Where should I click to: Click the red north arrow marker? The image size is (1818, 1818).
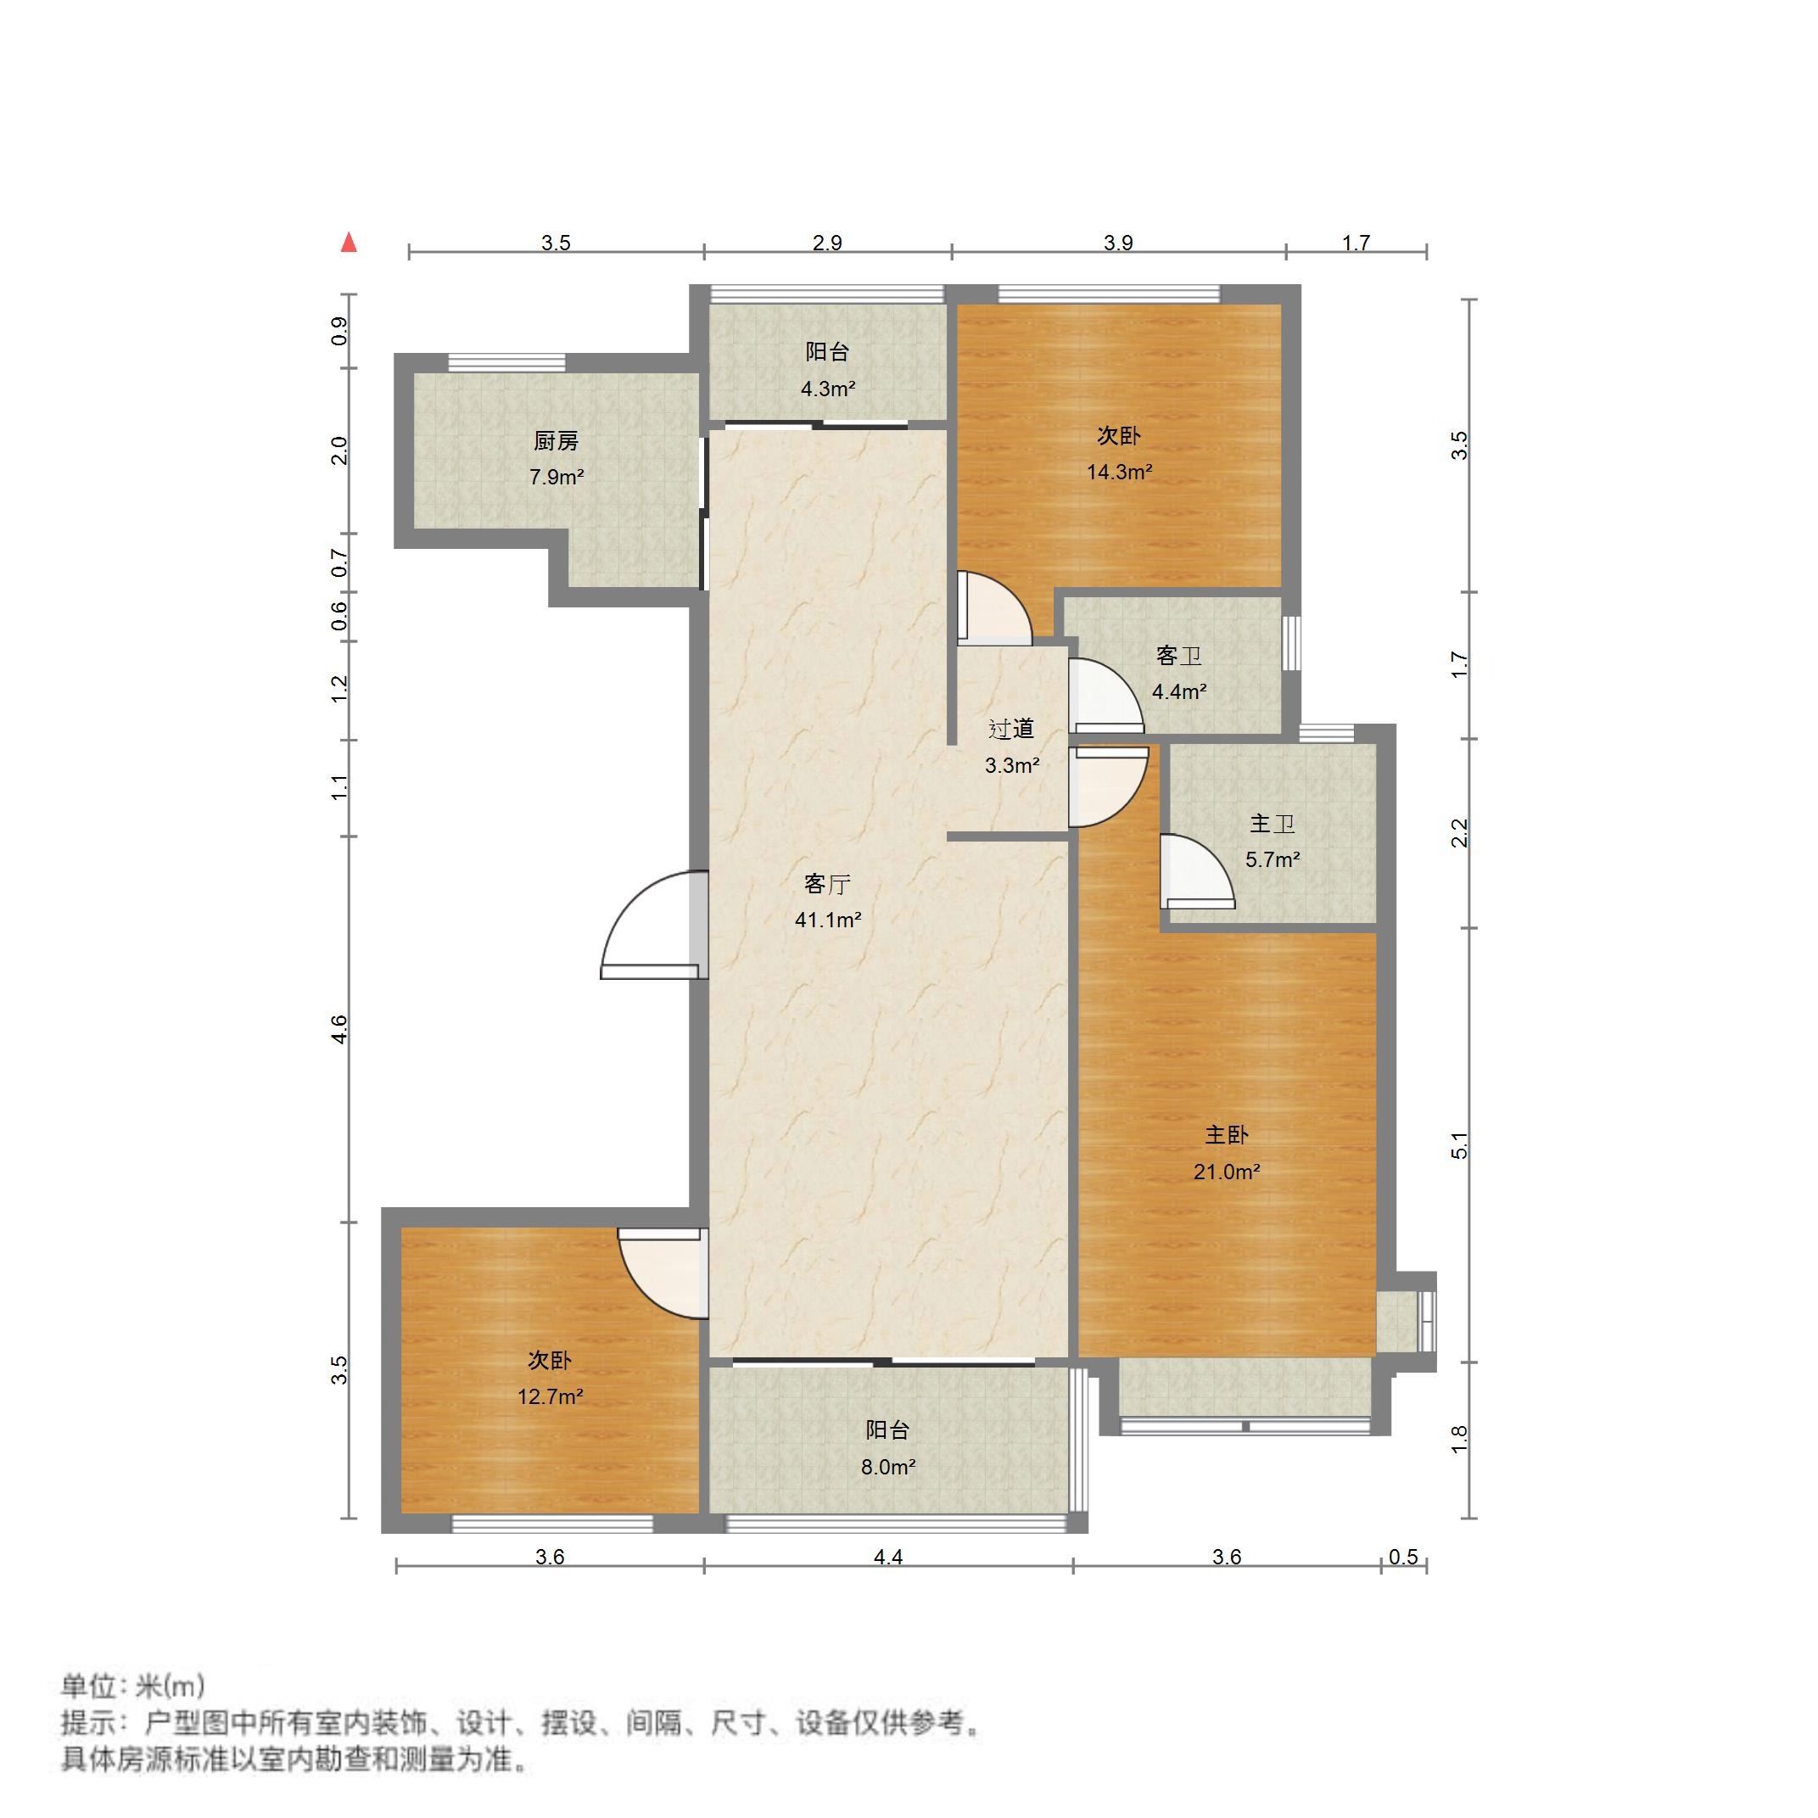tap(350, 242)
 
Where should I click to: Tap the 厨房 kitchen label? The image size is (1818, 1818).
tap(557, 440)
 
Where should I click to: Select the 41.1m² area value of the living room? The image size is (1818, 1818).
tap(828, 920)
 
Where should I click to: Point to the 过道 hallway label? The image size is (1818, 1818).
tap(1011, 729)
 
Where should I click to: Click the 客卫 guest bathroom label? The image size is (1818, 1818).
tap(1179, 655)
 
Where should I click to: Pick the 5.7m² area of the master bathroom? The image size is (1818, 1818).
tap(1273, 859)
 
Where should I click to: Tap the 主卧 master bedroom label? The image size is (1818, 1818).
tap(1226, 1135)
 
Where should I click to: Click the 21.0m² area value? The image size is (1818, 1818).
tap(1226, 1172)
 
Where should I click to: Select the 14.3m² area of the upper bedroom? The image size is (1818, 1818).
tap(1119, 472)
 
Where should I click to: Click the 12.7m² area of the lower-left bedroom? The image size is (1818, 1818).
tap(551, 1396)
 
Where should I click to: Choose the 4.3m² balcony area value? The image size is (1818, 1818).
tap(828, 388)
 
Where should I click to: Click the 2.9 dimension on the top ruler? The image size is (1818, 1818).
tap(827, 243)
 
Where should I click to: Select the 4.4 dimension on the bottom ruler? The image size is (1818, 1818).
tap(888, 1557)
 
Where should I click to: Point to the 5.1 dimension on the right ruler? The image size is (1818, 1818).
tap(1458, 1144)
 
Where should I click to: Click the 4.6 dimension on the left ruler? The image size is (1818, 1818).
tap(339, 1028)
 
